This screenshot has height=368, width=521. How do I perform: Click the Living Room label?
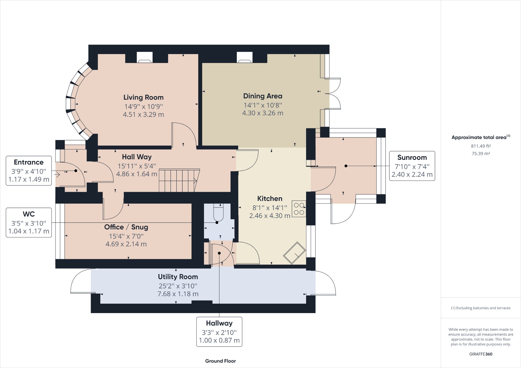coord(143,97)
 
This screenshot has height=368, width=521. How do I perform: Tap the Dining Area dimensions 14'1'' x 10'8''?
coord(263,105)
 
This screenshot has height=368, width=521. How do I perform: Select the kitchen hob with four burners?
coord(299,209)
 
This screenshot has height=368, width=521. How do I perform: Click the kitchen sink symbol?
coord(295,253)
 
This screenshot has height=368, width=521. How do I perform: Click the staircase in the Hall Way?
coord(179,180)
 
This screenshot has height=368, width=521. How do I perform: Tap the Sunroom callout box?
coord(412,166)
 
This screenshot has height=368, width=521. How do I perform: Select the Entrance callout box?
coord(29,170)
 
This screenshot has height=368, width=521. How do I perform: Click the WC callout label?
coord(29,214)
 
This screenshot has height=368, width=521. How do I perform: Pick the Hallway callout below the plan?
coord(219,331)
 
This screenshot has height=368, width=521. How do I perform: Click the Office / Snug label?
coord(126,227)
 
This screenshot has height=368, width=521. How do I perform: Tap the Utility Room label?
coord(178,277)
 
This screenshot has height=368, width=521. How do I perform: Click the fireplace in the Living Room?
coord(145,58)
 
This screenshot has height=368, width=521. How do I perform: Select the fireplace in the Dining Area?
coord(244,58)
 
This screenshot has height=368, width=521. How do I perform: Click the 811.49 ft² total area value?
coord(481,146)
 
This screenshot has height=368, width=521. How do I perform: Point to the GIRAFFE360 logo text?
coord(481,354)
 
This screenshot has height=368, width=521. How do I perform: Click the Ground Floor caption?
coord(220,361)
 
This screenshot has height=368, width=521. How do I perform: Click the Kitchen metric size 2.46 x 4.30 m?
coord(270,215)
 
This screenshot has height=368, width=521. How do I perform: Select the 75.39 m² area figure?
coord(481,153)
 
